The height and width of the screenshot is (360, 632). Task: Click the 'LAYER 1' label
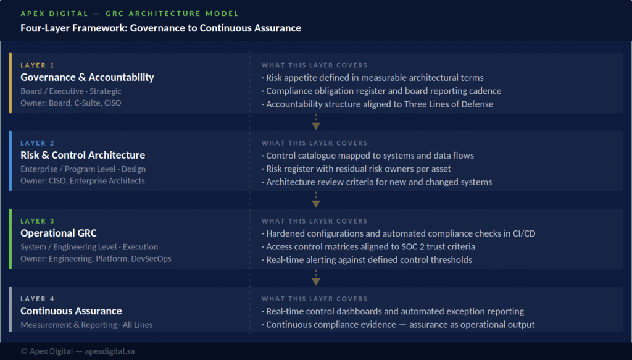(38, 65)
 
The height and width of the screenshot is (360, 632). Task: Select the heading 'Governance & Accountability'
(87, 77)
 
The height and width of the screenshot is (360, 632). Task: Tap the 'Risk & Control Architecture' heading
(83, 155)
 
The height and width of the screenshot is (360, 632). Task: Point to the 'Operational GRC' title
(59, 233)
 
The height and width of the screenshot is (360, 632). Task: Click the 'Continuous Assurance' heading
(71, 311)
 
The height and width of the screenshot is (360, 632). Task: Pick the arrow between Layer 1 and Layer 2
(316, 122)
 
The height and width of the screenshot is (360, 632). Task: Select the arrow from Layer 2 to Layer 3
(316, 199)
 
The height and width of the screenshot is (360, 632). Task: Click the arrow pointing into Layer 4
(316, 277)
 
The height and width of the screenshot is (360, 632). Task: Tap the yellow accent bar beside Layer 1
(10, 83)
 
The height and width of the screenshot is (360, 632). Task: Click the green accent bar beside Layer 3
(10, 238)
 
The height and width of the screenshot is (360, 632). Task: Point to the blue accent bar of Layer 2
(10, 161)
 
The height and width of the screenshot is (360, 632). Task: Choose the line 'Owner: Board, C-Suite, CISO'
(71, 103)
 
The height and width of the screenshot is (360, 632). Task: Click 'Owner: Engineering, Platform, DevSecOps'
(96, 258)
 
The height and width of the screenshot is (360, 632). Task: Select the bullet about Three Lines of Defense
(378, 104)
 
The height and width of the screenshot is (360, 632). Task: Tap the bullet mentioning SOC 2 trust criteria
(368, 246)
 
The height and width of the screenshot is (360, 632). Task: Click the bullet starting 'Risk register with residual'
(356, 169)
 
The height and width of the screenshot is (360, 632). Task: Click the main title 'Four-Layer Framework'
(161, 28)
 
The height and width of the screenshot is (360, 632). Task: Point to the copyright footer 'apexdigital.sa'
(110, 351)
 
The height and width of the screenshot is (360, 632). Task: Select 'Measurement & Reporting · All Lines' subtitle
(86, 325)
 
